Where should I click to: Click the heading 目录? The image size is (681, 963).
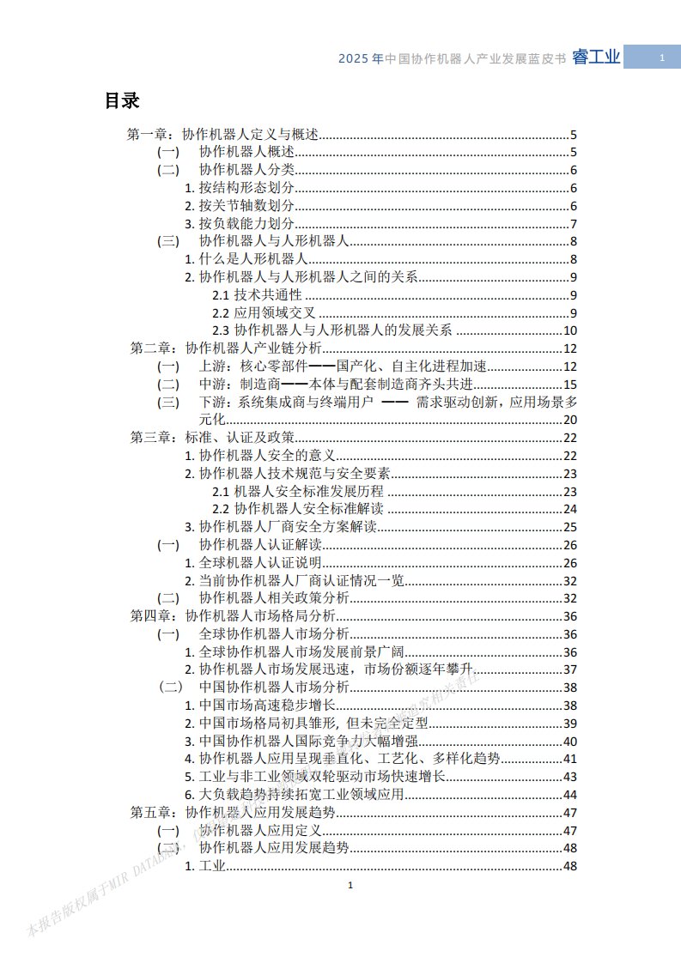pyautogui.click(x=122, y=100)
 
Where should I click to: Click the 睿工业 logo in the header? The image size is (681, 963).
pyautogui.click(x=596, y=58)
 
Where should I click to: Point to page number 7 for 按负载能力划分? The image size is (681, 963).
pyautogui.click(x=573, y=224)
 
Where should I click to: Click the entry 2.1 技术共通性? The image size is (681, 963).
pyautogui.click(x=257, y=295)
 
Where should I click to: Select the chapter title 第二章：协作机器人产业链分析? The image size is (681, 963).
pyautogui.click(x=225, y=348)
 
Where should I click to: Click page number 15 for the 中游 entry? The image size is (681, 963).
pyautogui.click(x=569, y=385)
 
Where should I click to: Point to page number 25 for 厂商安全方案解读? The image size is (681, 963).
pyautogui.click(x=569, y=527)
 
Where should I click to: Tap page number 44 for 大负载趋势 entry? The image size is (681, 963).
pyautogui.click(x=569, y=795)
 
